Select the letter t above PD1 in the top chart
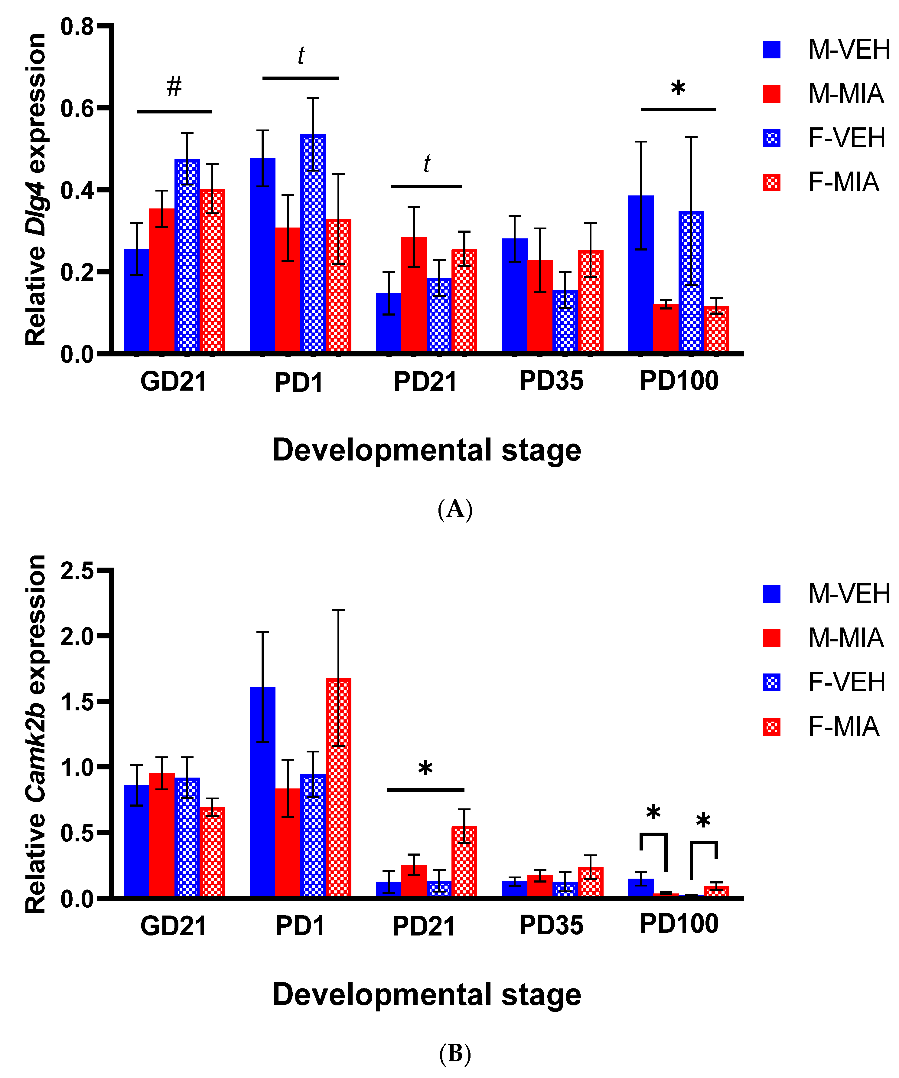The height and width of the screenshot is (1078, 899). pyautogui.click(x=301, y=55)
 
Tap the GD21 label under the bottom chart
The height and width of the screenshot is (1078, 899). pyautogui.click(x=174, y=926)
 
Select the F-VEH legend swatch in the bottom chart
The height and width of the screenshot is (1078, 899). pyautogui.click(x=772, y=682)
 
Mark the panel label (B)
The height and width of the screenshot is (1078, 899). pyautogui.click(x=454, y=1053)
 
